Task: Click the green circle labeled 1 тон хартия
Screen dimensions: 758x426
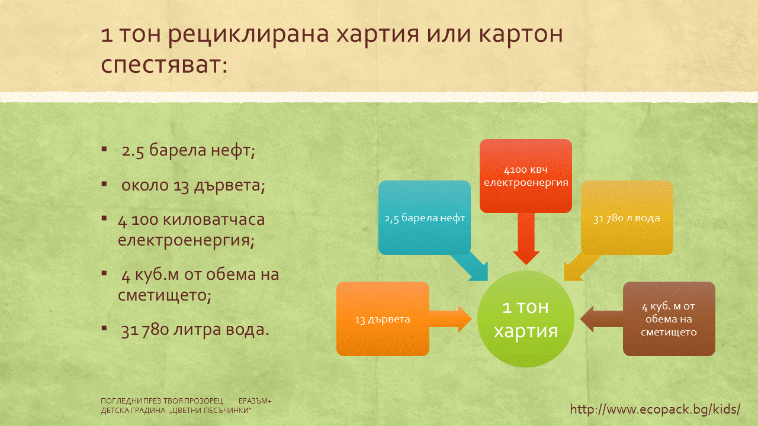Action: pyautogui.click(x=525, y=318)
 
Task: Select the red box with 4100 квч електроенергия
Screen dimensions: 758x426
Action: pyautogui.click(x=525, y=176)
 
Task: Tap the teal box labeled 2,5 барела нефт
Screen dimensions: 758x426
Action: pyautogui.click(x=425, y=218)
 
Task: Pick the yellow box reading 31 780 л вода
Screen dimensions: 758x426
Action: pyautogui.click(x=627, y=218)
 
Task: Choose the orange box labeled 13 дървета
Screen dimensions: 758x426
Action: pyautogui.click(x=383, y=319)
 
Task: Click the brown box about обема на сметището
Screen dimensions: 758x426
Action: pyautogui.click(x=669, y=319)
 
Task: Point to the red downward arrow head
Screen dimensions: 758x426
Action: pyautogui.click(x=526, y=258)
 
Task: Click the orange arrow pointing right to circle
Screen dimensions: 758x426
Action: pyautogui.click(x=451, y=319)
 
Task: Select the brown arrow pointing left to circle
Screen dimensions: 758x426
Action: pyautogui.click(x=602, y=319)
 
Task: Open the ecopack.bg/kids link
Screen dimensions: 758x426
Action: pyautogui.click(x=655, y=409)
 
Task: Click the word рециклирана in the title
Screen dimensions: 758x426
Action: pyautogui.click(x=248, y=35)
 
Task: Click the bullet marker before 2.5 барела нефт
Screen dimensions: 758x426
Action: pyautogui.click(x=104, y=149)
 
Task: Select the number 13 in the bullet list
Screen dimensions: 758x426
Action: pyautogui.click(x=181, y=186)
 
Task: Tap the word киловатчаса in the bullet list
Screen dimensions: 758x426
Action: pyautogui.click(x=214, y=220)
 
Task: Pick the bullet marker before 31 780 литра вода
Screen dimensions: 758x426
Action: pyautogui.click(x=104, y=328)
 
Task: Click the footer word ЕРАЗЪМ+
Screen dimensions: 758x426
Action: pyautogui.click(x=255, y=401)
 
